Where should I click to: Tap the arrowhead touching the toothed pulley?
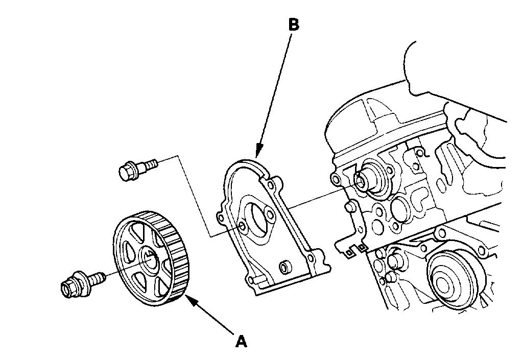pos(189,299)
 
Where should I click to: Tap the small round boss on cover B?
pos(284,266)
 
